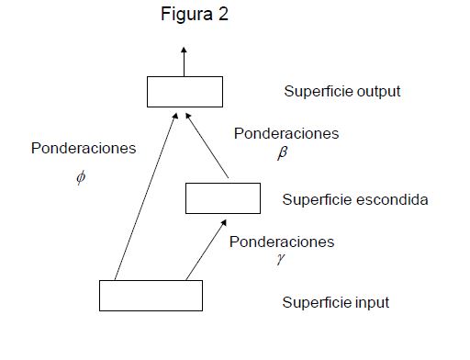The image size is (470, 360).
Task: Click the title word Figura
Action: point(186,15)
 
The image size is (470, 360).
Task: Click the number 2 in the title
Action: point(223,14)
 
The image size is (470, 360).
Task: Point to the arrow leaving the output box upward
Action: point(184,62)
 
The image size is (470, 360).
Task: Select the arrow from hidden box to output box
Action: point(207,145)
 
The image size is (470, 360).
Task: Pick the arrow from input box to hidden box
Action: point(207,250)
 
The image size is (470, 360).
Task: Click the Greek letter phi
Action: point(81,177)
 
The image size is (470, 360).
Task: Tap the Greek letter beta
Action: point(283,152)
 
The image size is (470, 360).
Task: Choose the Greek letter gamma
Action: point(280,259)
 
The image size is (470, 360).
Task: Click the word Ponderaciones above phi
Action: point(84,148)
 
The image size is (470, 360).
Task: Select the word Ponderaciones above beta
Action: point(286,133)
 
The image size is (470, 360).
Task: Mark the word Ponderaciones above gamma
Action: point(282,242)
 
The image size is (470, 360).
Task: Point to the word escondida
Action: point(392,199)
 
